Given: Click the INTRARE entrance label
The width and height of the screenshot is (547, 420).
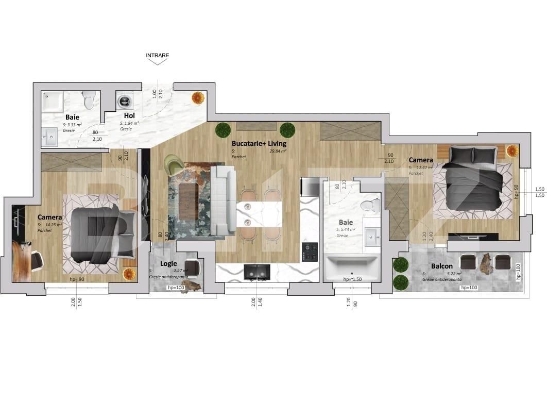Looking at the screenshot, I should point(157,55).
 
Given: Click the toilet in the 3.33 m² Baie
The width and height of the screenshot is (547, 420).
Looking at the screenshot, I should point(89,99).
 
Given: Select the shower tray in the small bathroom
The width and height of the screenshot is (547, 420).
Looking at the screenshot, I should point(53,102).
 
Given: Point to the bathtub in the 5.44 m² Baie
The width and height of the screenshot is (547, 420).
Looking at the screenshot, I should point(352,268).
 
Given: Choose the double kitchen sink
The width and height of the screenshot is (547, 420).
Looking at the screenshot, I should point(257,271).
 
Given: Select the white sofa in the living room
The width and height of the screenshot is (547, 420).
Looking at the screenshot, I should point(223,201).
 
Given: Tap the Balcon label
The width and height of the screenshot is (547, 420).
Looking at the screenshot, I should point(442,266).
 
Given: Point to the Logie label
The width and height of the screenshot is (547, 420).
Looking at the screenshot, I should point(168,263).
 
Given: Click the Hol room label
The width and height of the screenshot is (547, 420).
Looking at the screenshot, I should point(129,116).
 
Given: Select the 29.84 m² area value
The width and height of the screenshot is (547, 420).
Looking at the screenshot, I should point(278,151).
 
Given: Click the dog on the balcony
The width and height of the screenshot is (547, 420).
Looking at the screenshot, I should point(484,264).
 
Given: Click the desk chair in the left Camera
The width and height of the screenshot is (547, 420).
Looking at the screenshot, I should point(36,260).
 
